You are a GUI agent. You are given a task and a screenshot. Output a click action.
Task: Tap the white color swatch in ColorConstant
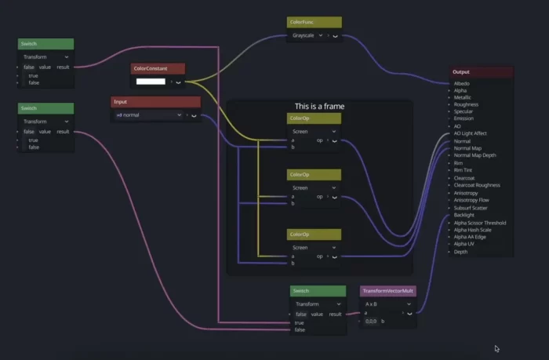click(151, 81)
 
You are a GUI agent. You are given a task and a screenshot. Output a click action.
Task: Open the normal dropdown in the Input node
click(148, 115)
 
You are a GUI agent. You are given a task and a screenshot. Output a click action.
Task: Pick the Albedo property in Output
click(462, 83)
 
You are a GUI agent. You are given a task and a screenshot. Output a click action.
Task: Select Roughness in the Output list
click(466, 104)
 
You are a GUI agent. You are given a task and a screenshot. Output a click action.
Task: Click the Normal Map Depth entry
click(474, 155)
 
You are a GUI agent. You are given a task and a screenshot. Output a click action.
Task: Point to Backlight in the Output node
click(464, 215)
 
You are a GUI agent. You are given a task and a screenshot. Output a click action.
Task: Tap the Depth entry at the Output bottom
click(460, 252)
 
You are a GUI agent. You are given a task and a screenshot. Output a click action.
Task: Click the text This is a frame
click(319, 106)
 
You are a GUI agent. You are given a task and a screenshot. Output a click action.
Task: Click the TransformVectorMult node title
click(388, 291)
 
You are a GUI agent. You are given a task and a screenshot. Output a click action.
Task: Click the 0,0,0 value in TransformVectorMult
click(373, 321)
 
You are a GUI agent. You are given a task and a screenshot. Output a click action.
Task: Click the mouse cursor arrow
click(496, 349)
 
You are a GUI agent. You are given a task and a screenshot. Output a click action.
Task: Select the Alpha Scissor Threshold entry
click(479, 223)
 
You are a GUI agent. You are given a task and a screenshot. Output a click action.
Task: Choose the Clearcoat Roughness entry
click(477, 185)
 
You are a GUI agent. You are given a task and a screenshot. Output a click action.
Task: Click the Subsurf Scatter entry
click(470, 208)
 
